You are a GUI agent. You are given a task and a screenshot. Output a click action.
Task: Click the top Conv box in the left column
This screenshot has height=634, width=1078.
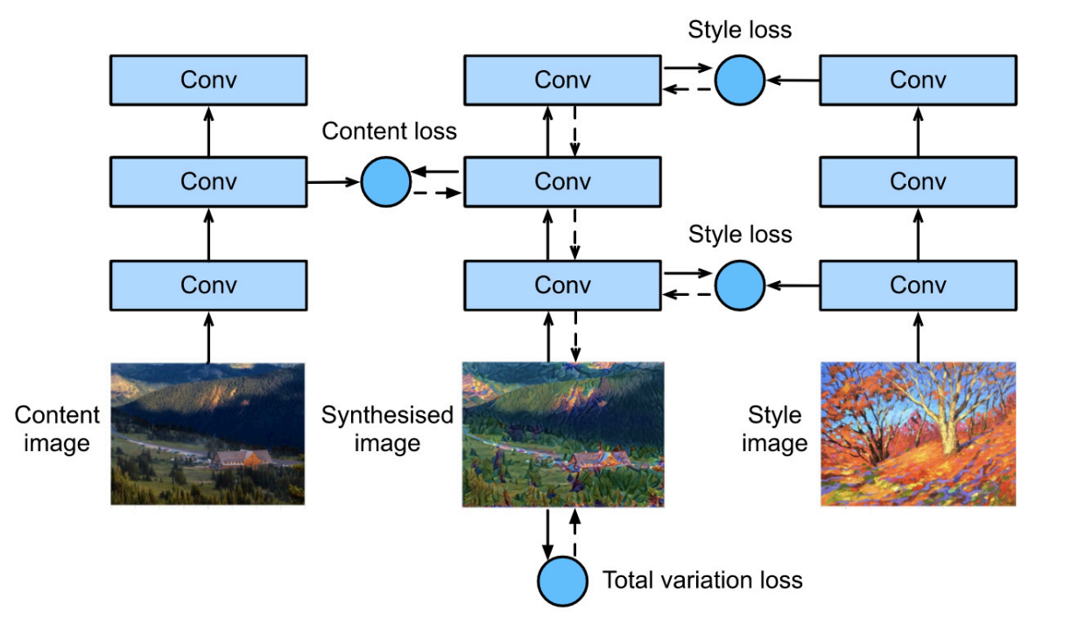pos(208,80)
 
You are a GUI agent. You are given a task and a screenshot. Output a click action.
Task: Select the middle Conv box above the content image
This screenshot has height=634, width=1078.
pos(208,182)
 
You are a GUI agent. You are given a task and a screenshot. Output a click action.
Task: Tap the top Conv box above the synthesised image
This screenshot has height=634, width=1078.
pos(562,80)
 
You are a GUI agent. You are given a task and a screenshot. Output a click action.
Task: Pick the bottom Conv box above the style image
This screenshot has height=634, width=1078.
pos(918,285)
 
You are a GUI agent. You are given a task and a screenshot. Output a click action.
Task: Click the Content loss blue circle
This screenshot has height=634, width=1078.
pos(386,182)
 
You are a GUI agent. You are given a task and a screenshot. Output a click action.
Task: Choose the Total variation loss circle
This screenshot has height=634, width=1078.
pos(562,581)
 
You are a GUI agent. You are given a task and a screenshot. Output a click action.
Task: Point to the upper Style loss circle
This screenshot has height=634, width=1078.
pos(740,80)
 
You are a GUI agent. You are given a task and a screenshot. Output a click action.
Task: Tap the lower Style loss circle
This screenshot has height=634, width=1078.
pos(740,285)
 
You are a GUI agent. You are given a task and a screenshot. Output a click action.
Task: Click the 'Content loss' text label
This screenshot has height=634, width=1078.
pos(389,131)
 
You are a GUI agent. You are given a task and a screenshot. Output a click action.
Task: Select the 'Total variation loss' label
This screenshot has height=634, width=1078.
pos(702,580)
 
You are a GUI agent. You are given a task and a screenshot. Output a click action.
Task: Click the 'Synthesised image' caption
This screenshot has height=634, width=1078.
pos(387,429)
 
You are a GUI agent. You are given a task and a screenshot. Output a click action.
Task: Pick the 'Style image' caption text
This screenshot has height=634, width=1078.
pos(774,429)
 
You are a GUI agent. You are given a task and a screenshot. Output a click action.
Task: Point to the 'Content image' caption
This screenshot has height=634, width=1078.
pos(57,429)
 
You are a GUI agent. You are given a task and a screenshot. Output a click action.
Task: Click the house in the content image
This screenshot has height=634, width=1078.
pos(243,458)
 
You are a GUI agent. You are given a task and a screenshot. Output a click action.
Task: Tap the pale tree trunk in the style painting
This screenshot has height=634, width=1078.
pos(944,429)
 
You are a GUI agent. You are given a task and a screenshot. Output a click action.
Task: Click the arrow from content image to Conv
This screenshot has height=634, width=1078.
pos(208,336)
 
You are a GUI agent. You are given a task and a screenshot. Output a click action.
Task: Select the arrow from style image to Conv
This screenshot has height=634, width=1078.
pos(918,336)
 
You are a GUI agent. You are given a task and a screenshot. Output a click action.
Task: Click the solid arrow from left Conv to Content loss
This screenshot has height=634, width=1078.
pos(334,182)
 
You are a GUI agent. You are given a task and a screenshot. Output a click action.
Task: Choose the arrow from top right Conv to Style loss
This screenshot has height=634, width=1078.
pos(793,80)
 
